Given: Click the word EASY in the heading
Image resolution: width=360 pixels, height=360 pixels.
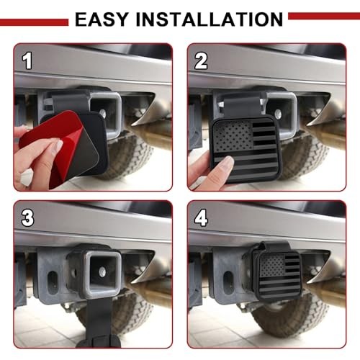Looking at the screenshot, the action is (102, 19).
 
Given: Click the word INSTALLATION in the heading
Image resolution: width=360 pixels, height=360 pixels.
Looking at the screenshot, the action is (210, 19).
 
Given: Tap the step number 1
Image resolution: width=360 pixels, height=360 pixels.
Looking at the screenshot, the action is (27, 61).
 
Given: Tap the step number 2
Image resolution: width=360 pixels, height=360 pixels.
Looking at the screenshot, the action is (201, 61).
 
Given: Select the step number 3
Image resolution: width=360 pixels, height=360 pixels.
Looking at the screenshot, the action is (27, 218).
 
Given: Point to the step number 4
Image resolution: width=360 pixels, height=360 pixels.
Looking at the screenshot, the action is (201, 218).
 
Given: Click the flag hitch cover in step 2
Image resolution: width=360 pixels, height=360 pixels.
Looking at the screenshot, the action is (245, 150).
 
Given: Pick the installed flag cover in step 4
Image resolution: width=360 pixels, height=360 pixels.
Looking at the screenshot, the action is (279, 276).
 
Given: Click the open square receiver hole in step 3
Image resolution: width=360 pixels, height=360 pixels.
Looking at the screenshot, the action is (103, 271).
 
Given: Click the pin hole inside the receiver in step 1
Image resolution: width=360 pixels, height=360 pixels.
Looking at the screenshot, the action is (103, 112).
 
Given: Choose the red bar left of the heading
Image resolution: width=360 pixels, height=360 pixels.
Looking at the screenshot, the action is (34, 22).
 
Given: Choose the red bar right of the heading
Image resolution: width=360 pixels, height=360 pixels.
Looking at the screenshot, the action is (324, 17).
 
